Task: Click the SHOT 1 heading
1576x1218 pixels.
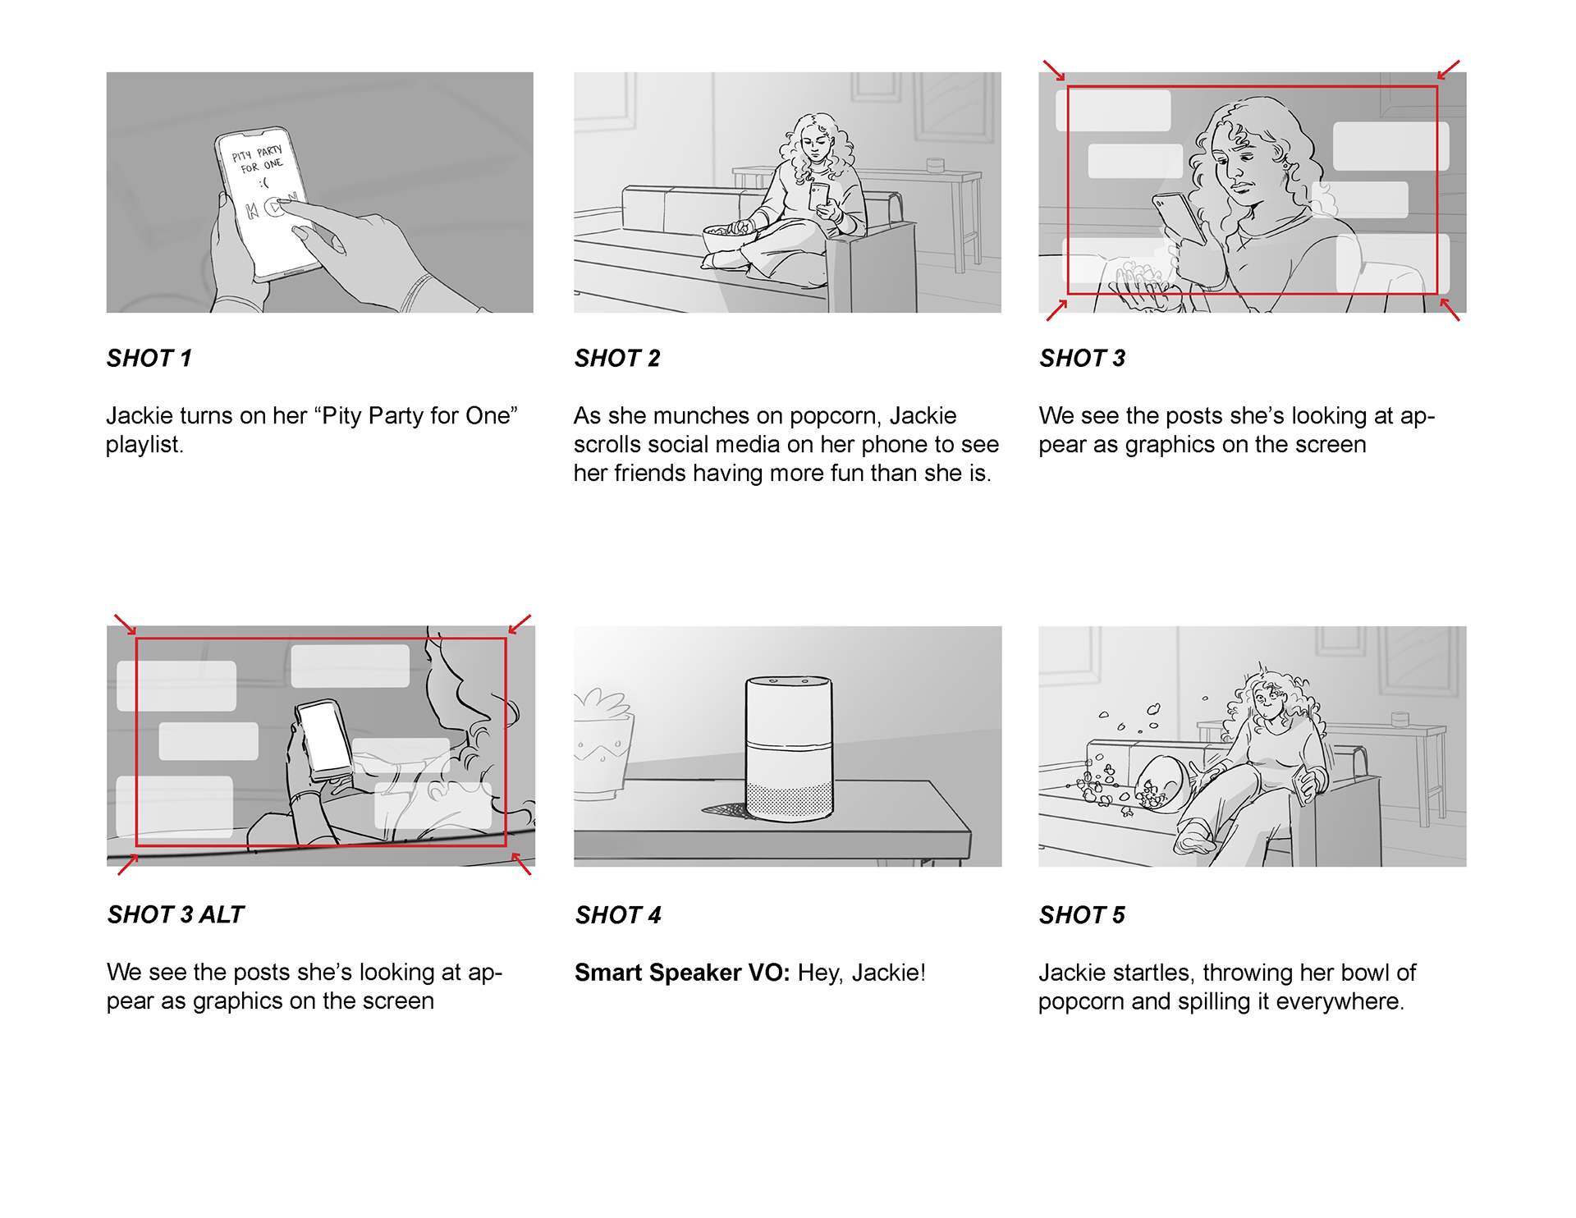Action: (x=149, y=359)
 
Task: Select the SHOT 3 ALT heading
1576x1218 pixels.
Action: (x=176, y=914)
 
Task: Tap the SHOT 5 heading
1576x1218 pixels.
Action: (x=1082, y=915)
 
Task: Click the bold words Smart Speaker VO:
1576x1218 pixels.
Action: (x=682, y=973)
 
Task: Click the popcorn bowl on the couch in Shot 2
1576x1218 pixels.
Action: (x=729, y=238)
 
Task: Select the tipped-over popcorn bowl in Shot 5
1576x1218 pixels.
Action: (x=1161, y=784)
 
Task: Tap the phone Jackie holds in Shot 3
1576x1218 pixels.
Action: (x=1180, y=217)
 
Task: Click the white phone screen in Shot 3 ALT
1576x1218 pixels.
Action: (x=325, y=736)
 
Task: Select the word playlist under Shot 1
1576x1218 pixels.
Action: (x=144, y=445)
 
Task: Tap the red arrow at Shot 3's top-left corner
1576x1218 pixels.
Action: (x=1054, y=71)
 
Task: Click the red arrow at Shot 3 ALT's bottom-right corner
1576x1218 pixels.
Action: (x=521, y=863)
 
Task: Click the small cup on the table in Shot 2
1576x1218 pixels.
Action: (x=935, y=165)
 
